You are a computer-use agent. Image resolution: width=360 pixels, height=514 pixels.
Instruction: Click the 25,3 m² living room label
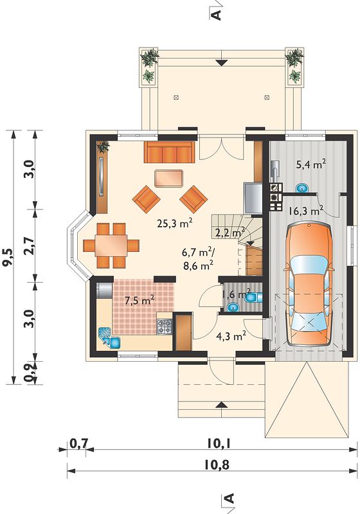pyautogui.click(x=174, y=223)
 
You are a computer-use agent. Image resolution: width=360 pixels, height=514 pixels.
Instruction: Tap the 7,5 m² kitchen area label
pyautogui.click(x=139, y=299)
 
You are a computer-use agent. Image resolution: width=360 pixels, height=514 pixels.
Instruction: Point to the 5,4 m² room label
pyautogui.click(x=310, y=164)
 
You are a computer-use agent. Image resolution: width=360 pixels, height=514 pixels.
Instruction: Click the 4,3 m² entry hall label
pyautogui.click(x=231, y=335)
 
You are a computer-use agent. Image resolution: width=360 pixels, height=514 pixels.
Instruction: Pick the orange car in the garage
pyautogui.click(x=309, y=283)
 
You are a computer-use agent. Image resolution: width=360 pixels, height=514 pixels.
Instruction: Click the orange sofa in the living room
pyautogui.click(x=169, y=152)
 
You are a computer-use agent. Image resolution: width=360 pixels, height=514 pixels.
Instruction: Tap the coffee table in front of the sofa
pyautogui.click(x=168, y=179)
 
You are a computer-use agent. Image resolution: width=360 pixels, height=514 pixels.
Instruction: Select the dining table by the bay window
pyautogui.click(x=111, y=245)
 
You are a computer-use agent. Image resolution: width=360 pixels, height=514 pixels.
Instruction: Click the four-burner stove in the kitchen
pyautogui.click(x=165, y=326)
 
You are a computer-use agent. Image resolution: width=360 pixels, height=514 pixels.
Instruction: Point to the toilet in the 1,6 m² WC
pyautogui.click(x=253, y=297)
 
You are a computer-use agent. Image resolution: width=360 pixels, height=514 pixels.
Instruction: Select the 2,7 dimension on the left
pyautogui.click(x=30, y=245)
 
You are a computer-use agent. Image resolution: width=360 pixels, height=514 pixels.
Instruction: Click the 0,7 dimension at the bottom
pyautogui.click(x=78, y=443)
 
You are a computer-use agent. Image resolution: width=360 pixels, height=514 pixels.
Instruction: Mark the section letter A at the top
pyautogui.click(x=217, y=13)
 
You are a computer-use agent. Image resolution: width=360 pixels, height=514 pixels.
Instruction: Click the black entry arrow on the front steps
pyautogui.click(x=222, y=405)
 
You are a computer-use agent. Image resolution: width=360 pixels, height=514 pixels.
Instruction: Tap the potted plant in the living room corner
pyautogui.click(x=104, y=147)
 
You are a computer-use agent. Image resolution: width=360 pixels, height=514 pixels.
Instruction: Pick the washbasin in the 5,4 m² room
pyautogui.click(x=302, y=188)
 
